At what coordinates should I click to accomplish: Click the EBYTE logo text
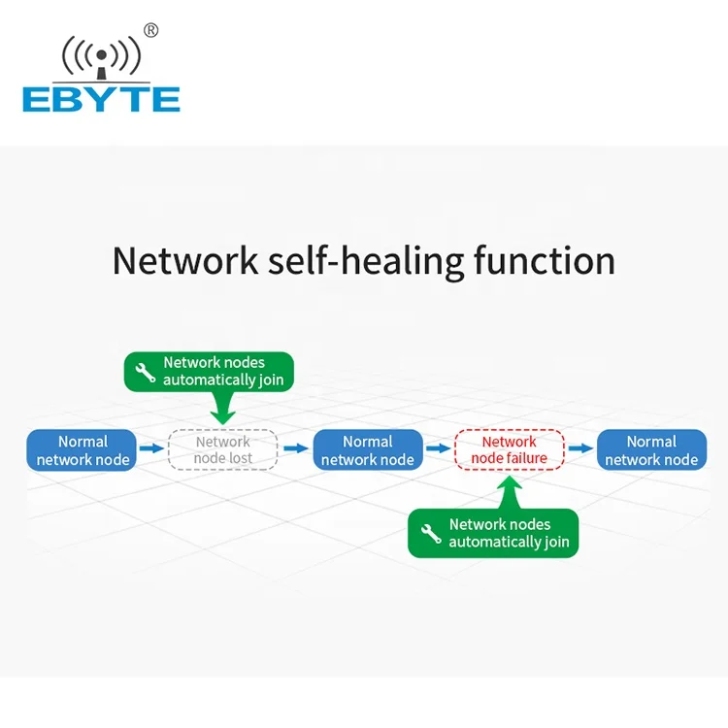(x=101, y=98)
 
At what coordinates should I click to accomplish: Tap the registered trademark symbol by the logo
(x=150, y=30)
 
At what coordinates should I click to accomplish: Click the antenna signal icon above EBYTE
(x=101, y=58)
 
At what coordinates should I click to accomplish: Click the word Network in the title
(x=184, y=261)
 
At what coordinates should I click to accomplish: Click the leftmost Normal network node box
(x=83, y=450)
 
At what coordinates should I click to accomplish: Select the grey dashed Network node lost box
(x=223, y=450)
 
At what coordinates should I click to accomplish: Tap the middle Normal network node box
(x=368, y=450)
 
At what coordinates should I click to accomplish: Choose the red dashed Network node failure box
(x=510, y=450)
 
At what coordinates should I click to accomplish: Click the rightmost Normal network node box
(x=651, y=450)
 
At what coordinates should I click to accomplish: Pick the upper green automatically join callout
(x=209, y=372)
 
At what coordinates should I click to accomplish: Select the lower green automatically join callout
(x=493, y=533)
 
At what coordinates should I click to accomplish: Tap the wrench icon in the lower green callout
(x=431, y=534)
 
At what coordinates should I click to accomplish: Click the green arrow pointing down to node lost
(x=223, y=409)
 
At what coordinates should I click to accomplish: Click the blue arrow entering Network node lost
(x=150, y=448)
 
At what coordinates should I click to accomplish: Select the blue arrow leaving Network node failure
(x=580, y=448)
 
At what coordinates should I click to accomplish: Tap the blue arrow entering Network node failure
(x=439, y=448)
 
